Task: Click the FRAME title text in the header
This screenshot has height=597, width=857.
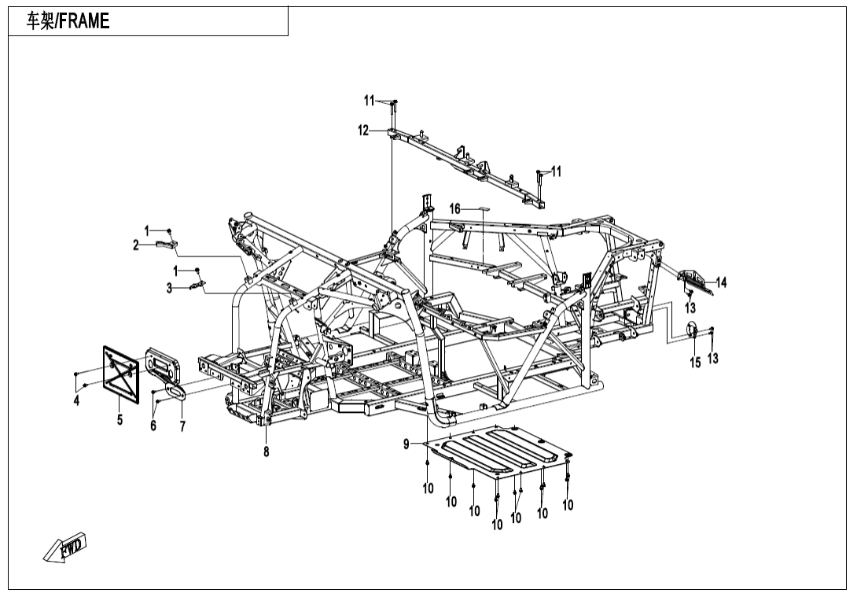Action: (68, 22)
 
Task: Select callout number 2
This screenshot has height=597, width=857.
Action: (136, 245)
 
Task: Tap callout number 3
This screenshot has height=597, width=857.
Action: (169, 289)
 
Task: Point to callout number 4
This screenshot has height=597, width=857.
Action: (76, 400)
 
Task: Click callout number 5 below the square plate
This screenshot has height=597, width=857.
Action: (120, 419)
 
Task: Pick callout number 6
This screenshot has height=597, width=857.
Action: (153, 425)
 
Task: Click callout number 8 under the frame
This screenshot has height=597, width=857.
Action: (267, 451)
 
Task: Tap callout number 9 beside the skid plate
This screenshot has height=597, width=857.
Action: (406, 444)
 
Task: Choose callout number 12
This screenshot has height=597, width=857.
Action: (363, 131)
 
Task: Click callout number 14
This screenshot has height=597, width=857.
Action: (721, 282)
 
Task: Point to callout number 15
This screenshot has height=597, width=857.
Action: (695, 362)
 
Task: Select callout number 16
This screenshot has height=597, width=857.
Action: (454, 208)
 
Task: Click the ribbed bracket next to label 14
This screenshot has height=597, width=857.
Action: (695, 279)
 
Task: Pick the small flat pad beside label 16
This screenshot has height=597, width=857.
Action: (480, 209)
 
